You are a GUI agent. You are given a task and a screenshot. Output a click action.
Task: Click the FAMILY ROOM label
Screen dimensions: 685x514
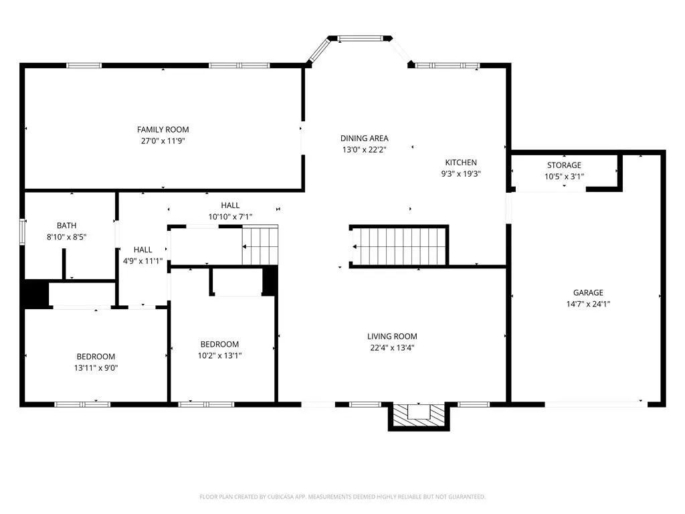[163, 130]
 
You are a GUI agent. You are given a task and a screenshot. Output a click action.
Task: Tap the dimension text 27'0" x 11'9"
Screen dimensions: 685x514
[163, 141]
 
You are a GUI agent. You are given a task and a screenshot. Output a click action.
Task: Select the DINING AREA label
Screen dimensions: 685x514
[365, 139]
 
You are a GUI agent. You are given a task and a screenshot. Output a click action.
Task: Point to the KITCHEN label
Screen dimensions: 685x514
[461, 163]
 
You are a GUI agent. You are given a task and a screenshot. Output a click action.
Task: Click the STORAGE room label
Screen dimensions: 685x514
[564, 165]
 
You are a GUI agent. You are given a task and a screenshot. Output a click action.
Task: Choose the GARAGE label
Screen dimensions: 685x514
[588, 293]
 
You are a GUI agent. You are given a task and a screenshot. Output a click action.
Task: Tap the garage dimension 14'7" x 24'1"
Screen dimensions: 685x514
[588, 305]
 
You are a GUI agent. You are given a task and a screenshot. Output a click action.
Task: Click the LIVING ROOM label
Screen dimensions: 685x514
[392, 337]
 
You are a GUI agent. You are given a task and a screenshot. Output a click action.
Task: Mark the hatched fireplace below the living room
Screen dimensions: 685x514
[419, 416]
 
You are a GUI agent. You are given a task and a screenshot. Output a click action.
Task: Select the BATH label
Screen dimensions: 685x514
[66, 226]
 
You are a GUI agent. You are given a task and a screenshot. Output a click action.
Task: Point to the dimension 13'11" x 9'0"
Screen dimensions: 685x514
[96, 368]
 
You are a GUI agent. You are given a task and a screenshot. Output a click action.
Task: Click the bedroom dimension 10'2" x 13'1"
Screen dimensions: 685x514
[219, 356]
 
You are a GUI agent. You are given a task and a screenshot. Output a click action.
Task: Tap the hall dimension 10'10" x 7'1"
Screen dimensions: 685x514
[230, 217]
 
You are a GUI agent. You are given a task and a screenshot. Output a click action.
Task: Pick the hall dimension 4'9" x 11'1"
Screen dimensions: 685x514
[143, 262]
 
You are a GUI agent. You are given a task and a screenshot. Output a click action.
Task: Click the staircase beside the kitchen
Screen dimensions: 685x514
[399, 246]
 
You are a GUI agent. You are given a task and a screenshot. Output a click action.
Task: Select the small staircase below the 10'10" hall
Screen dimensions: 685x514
[260, 246]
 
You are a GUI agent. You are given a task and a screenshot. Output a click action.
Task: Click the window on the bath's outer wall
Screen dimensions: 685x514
[22, 232]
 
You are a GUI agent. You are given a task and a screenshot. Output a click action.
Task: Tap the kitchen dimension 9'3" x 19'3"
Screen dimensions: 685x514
[461, 174]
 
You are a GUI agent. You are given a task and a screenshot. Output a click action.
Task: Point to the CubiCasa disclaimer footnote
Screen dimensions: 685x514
[342, 497]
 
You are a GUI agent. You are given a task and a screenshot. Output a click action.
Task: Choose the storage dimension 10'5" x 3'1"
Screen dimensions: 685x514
[564, 177]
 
